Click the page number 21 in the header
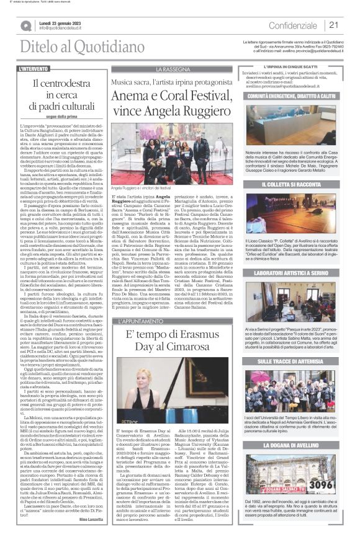coord(333,25)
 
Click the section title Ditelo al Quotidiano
coord(60,46)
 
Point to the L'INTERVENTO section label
coord(34,69)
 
